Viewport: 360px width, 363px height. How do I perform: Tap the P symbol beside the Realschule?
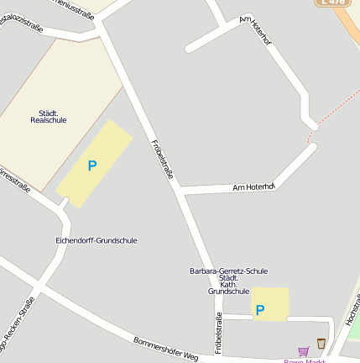click(x=92, y=166)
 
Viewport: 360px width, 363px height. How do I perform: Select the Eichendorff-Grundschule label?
click(x=96, y=240)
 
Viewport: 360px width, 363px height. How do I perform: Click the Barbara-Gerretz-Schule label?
click(x=228, y=271)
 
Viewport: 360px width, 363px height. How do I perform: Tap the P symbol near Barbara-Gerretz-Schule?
click(x=260, y=310)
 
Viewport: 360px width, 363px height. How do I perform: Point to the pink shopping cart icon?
click(x=303, y=351)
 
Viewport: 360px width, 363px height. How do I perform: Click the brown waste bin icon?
click(x=321, y=343)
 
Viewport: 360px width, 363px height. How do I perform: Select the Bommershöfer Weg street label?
click(x=165, y=349)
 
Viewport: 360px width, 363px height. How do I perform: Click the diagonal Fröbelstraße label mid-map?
click(x=162, y=160)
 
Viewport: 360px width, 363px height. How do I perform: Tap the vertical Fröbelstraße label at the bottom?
click(x=219, y=333)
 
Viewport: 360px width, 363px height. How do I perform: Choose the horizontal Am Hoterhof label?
click(x=253, y=187)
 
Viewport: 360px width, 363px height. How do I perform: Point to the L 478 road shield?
click(x=334, y=3)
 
